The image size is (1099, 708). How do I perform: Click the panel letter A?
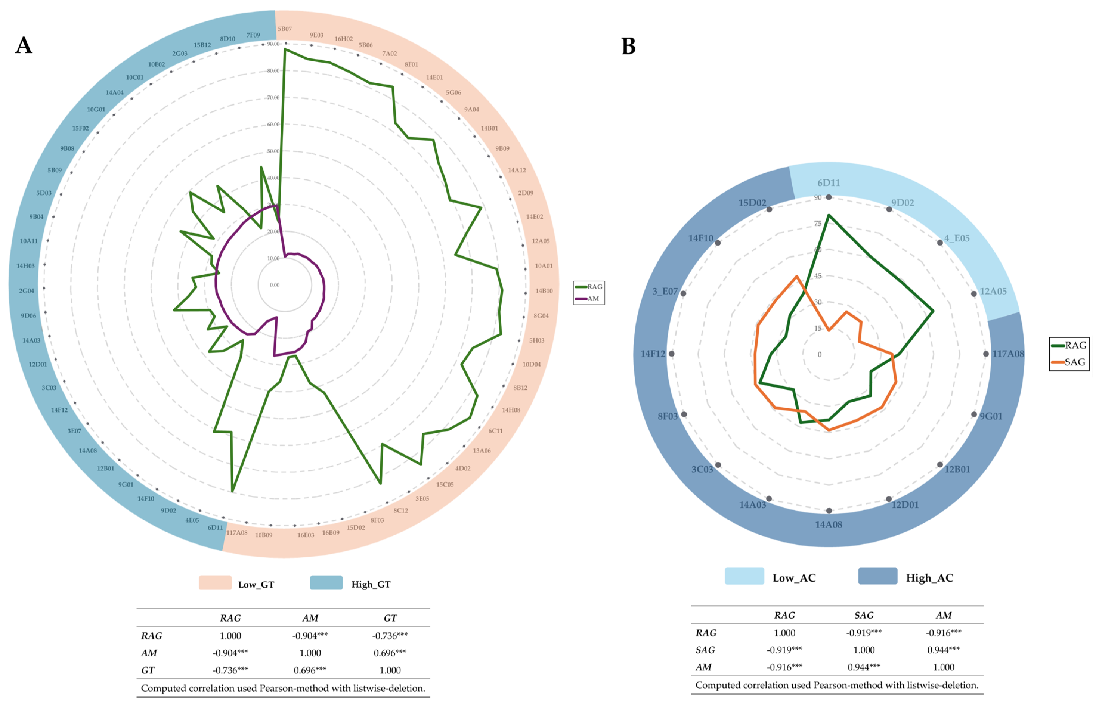[24, 46]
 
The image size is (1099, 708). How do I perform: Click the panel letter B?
[628, 47]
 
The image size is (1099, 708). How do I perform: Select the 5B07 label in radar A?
[285, 29]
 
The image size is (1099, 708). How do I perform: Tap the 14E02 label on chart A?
[534, 216]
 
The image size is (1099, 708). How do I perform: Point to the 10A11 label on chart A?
[29, 241]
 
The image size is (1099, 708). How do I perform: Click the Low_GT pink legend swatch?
[215, 582]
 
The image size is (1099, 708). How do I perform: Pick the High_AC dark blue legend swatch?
[877, 576]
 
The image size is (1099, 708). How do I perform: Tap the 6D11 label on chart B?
[828, 183]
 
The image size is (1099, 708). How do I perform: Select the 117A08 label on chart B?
[1008, 354]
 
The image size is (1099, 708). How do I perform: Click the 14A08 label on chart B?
[829, 525]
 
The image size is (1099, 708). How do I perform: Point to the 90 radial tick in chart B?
[818, 198]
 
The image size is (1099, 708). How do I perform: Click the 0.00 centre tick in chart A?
[275, 285]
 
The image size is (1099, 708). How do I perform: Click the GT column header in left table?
[390, 618]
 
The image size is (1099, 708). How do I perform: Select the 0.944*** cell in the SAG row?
[943, 650]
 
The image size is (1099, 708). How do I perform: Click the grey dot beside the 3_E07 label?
[683, 293]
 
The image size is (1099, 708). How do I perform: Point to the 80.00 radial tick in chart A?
[273, 71]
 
